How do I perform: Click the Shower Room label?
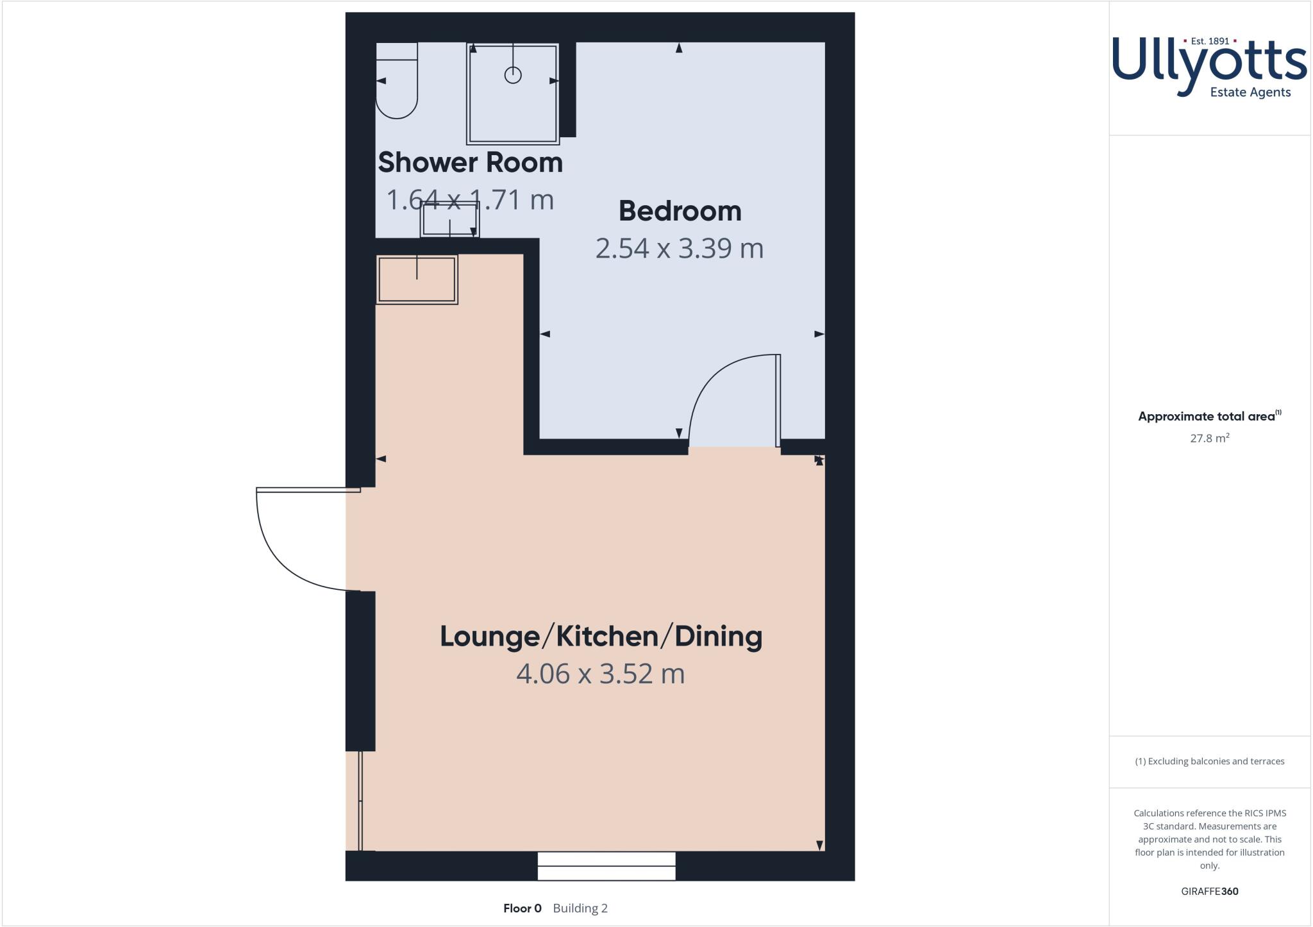coord(470,163)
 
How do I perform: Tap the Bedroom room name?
coord(680,212)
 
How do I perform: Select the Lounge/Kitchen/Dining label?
coord(601,637)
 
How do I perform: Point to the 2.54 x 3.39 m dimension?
coord(680,249)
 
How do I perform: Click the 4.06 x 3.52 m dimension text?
coord(601,674)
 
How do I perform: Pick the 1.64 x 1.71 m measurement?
coord(470,200)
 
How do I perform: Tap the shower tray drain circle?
coord(513,75)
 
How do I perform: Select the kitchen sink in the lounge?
coord(417,279)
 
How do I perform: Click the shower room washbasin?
coord(449,220)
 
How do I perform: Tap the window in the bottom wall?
coord(606,866)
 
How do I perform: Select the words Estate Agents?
coord(1250,92)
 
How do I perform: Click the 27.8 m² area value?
coord(1209,438)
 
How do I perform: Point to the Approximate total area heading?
coord(1206,417)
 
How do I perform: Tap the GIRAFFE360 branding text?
coord(1209,891)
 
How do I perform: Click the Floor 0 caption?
coord(523,908)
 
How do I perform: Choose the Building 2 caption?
coord(580,908)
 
